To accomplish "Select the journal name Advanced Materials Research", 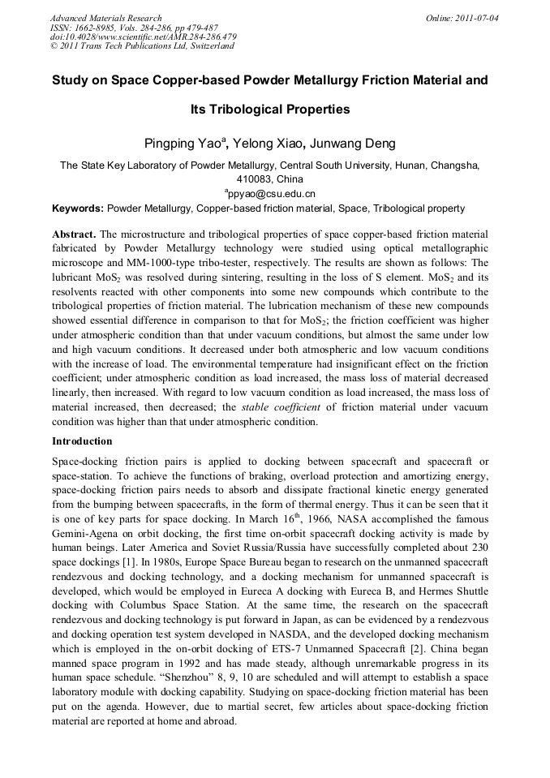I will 105,18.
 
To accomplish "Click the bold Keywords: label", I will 79,208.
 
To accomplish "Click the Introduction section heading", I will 82,441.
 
